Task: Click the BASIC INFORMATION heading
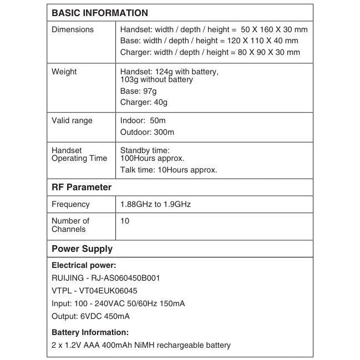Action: coord(100,13)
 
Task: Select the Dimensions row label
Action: coord(73,29)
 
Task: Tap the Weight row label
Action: coord(64,72)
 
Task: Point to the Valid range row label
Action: coord(72,120)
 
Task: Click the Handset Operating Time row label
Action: coord(79,154)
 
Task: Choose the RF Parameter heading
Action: coord(82,187)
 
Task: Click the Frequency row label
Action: coord(70,204)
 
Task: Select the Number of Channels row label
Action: coord(70,225)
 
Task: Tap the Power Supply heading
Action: coord(82,249)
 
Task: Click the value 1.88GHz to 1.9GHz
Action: coord(156,204)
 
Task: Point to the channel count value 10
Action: coord(125,221)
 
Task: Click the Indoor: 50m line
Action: coord(143,120)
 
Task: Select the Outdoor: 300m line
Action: coord(147,132)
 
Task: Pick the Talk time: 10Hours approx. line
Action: coord(169,170)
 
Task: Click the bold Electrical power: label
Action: coord(84,265)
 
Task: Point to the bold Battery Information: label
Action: coord(90,332)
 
